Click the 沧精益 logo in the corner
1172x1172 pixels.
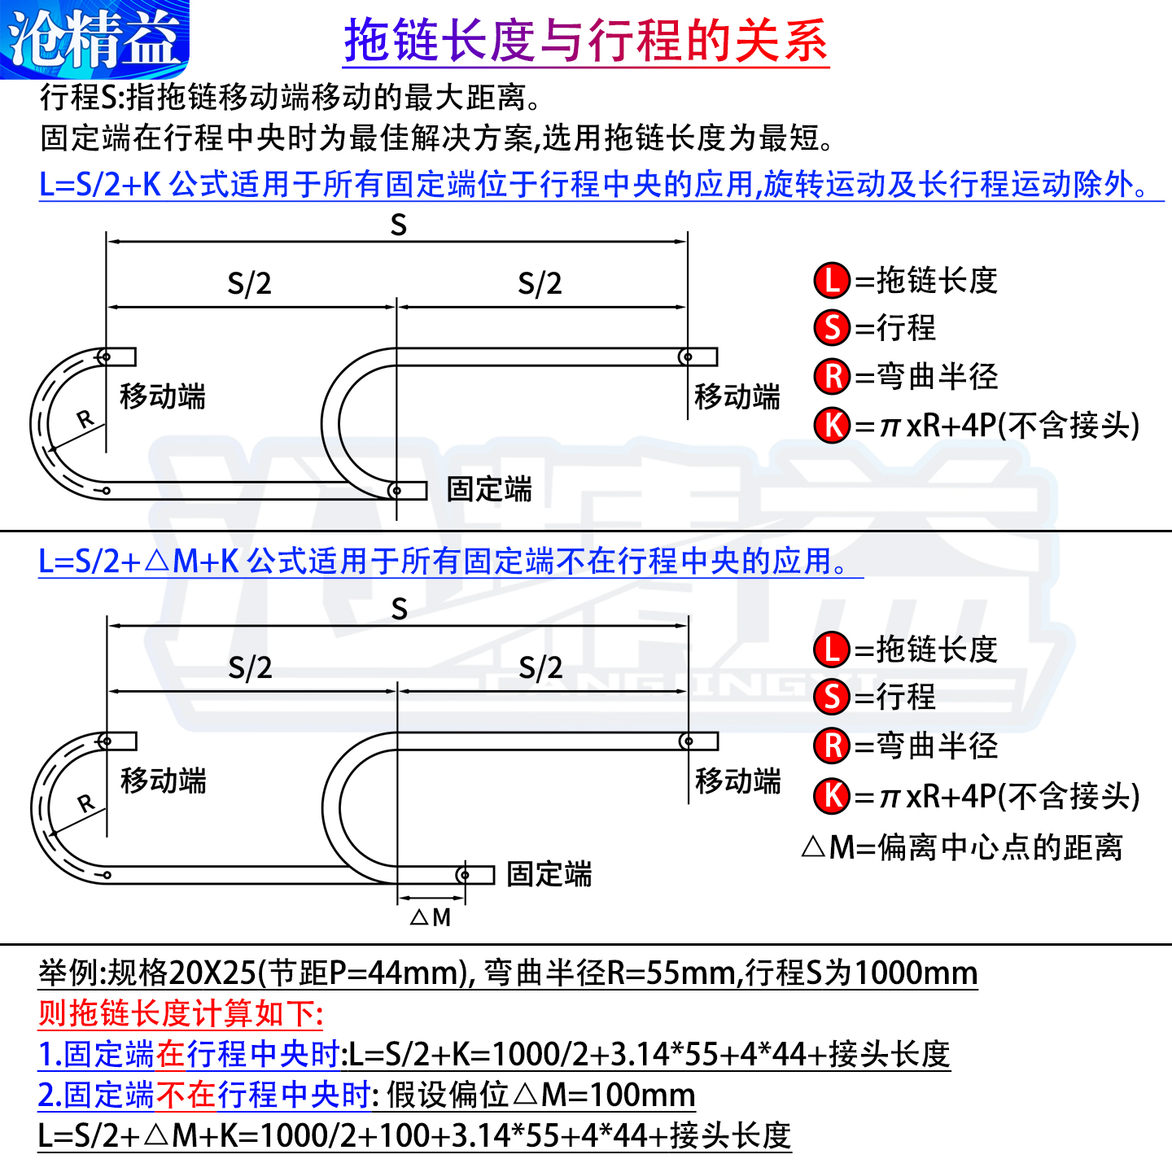(94, 38)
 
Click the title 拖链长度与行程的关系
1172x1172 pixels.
(586, 41)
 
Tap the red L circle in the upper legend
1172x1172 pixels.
(832, 281)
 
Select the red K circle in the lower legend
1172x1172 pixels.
(832, 795)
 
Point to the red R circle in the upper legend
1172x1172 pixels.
(832, 376)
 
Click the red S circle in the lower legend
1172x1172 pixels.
(832, 697)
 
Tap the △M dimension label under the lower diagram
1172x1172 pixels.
(431, 918)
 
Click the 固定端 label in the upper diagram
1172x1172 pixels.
(489, 489)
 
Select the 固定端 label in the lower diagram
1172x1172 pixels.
(549, 874)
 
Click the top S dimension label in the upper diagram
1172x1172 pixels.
(398, 225)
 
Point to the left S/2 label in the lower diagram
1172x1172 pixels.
(250, 668)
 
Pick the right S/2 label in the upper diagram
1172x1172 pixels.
(540, 284)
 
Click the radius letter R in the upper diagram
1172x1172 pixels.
(85, 419)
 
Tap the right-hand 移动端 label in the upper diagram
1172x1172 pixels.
(737, 397)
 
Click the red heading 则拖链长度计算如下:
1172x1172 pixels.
(181, 1014)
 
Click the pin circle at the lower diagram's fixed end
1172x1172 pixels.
(463, 875)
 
